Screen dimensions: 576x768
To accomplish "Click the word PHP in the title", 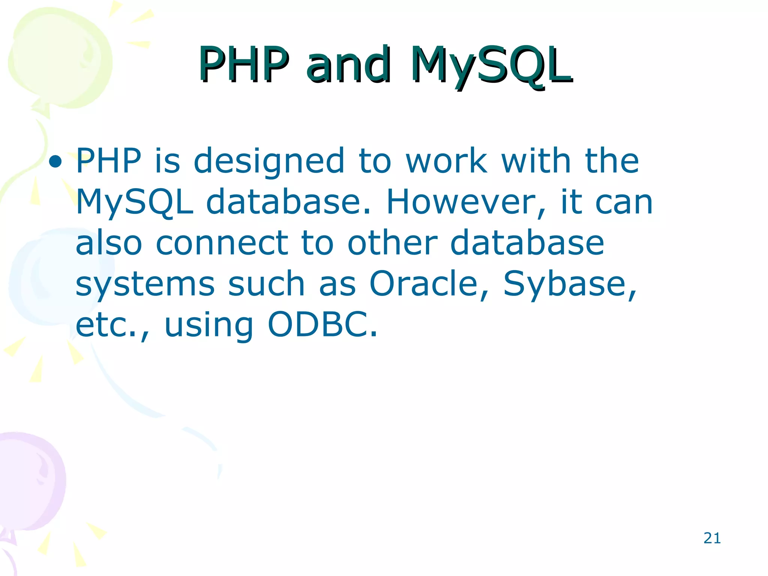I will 244,64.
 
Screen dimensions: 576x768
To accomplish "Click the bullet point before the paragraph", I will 55,162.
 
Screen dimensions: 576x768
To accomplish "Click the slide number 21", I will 712,538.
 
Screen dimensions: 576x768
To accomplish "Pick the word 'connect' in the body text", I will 222,244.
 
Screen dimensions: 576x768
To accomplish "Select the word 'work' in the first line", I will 446,161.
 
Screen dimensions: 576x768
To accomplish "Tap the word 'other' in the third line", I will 392,244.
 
